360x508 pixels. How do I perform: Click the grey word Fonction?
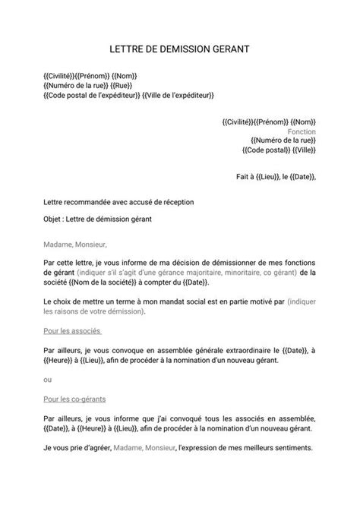(x=302, y=131)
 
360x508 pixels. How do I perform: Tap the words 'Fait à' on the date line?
(x=246, y=177)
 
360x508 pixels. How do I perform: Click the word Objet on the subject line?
(x=55, y=220)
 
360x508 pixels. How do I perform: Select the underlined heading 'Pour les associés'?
(x=73, y=331)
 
